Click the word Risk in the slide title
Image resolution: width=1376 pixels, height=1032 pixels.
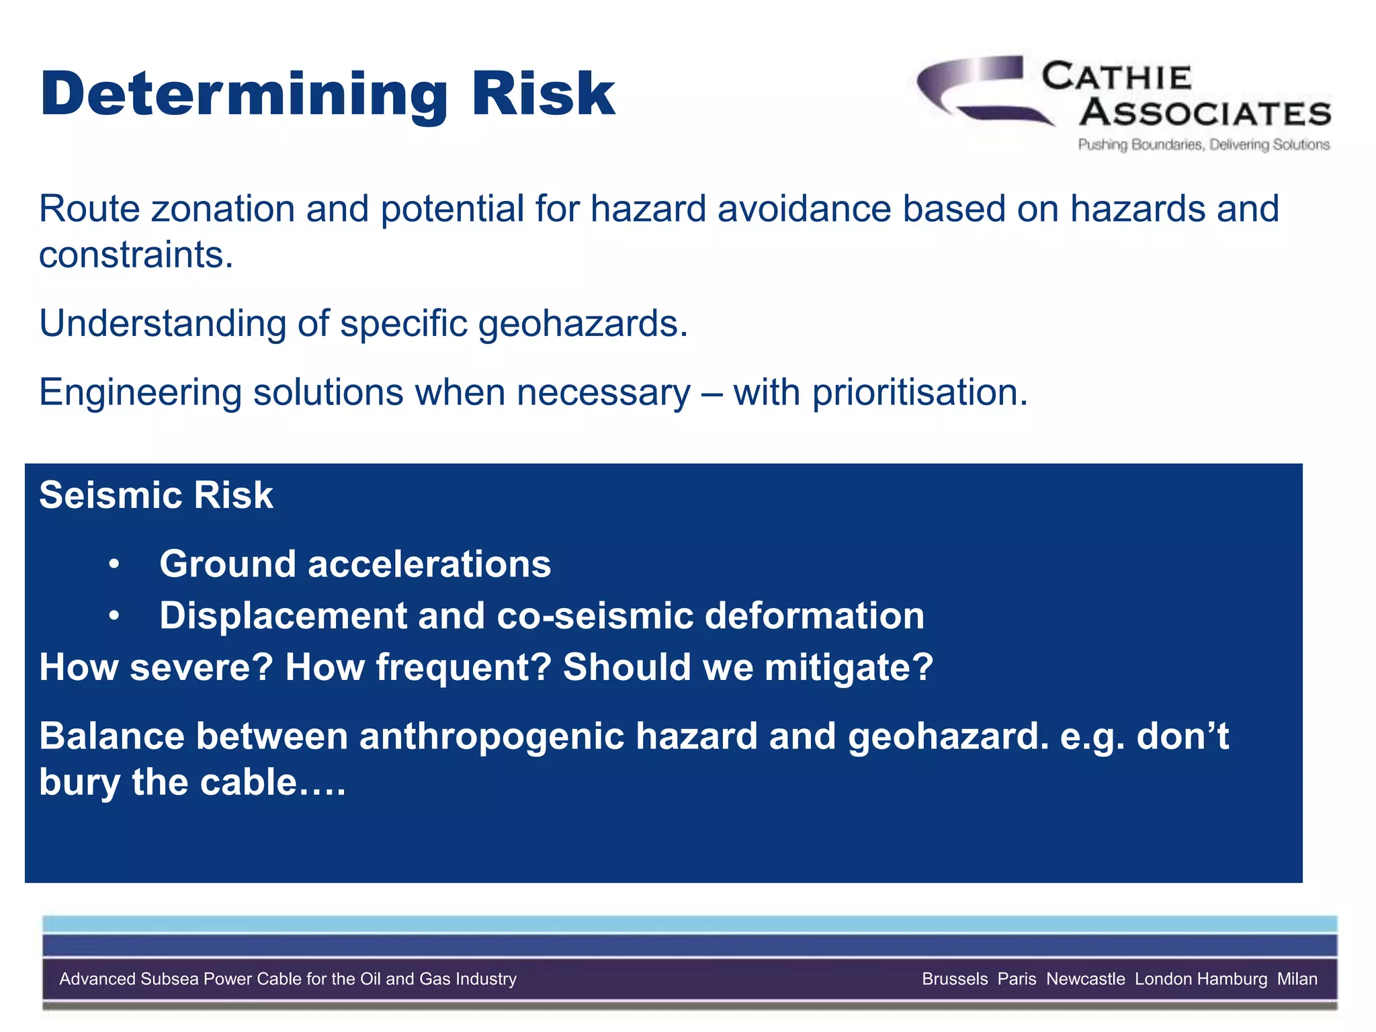(x=543, y=94)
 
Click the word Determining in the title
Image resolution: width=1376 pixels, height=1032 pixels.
(x=243, y=95)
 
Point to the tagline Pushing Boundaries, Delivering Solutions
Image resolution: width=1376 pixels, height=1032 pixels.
(x=1203, y=144)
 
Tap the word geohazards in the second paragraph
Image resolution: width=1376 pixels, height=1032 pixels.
(x=582, y=324)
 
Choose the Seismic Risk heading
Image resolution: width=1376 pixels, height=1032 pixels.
(x=156, y=496)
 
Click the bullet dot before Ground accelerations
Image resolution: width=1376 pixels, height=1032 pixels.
(x=114, y=564)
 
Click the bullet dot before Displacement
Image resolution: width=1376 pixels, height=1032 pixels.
(x=114, y=616)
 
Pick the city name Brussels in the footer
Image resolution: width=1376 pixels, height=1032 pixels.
(x=954, y=979)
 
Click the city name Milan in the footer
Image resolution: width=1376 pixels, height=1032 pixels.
(x=1297, y=979)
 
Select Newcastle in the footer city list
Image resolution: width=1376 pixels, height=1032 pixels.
(x=1085, y=979)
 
